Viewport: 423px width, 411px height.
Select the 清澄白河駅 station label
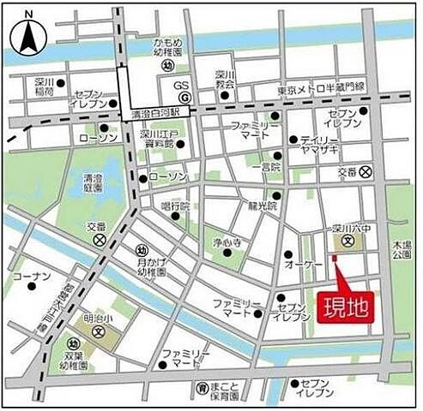click(x=155, y=112)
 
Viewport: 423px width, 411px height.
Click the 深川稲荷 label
click(x=45, y=85)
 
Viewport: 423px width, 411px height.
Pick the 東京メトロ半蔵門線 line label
click(x=321, y=89)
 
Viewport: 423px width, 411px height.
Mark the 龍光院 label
click(x=263, y=206)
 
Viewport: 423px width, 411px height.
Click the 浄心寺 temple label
click(x=229, y=242)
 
